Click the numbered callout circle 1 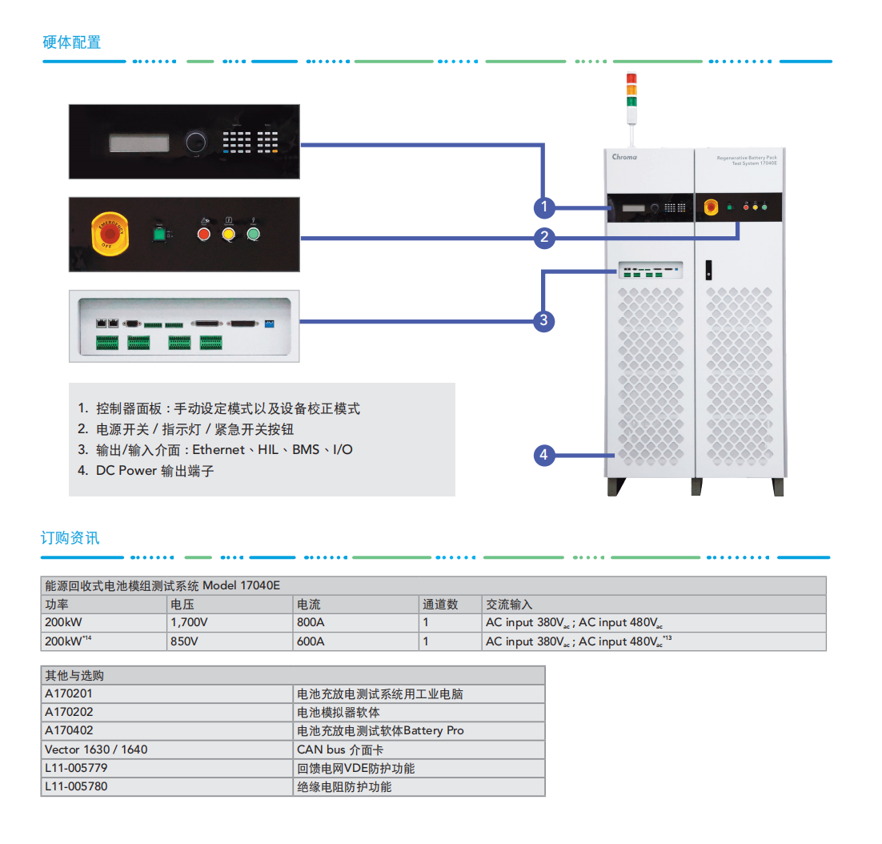tap(544, 208)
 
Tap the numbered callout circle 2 tap(544, 237)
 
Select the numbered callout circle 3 tap(544, 321)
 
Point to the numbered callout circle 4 tap(544, 456)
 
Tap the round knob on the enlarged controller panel tap(194, 143)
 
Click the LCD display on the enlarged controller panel tap(139, 143)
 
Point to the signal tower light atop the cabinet tap(631, 90)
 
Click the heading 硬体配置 tap(72, 42)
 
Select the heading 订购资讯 tap(70, 538)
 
